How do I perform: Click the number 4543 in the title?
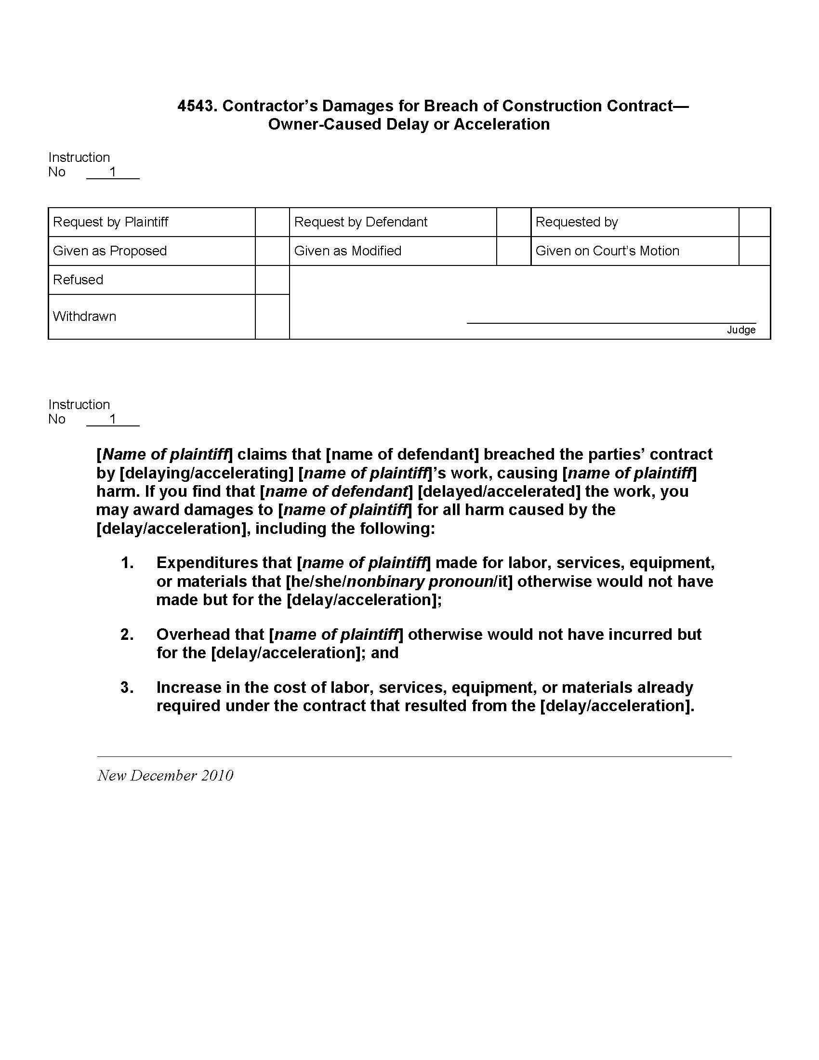pos(196,106)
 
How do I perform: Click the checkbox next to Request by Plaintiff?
pos(272,222)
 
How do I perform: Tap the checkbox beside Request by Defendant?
pos(514,222)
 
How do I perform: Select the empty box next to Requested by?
pos(754,222)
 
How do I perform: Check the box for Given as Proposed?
pos(272,251)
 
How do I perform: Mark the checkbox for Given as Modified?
pos(514,251)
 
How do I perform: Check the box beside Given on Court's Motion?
pos(754,251)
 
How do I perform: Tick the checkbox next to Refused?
pos(272,280)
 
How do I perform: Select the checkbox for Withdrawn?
pos(272,317)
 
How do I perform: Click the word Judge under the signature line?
pos(741,330)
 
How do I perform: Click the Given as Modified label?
pos(347,251)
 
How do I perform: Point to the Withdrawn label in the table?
pos(84,317)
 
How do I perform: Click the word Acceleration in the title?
pos(502,124)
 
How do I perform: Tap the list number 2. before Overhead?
pos(127,635)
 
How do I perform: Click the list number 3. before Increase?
pos(127,687)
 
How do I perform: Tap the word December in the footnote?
pos(163,776)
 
